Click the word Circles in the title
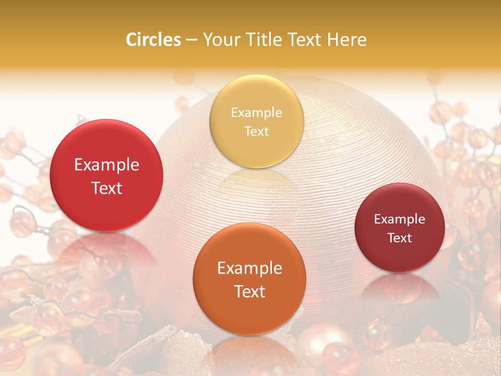coord(153,40)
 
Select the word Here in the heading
coord(346,40)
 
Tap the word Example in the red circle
coord(106,165)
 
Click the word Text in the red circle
coord(106,188)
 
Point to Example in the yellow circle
coord(256,113)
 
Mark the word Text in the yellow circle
coord(256,131)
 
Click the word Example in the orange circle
coord(249,268)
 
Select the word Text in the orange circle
coord(249,291)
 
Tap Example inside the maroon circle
coord(400,219)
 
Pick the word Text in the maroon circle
coord(400,238)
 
